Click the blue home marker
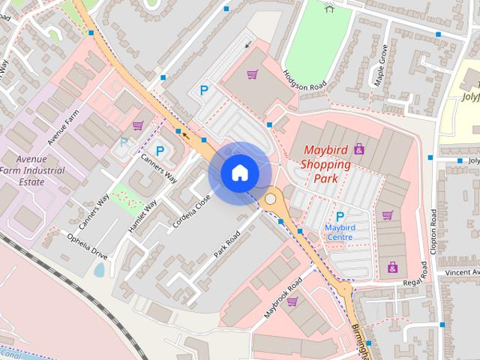(x=240, y=172)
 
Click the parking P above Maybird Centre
(x=340, y=217)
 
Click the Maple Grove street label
(x=381, y=66)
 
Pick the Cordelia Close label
(x=195, y=212)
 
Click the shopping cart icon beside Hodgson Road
(x=253, y=74)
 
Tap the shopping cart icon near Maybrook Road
(x=292, y=301)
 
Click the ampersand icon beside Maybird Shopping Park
(x=359, y=148)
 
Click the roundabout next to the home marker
(x=270, y=199)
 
